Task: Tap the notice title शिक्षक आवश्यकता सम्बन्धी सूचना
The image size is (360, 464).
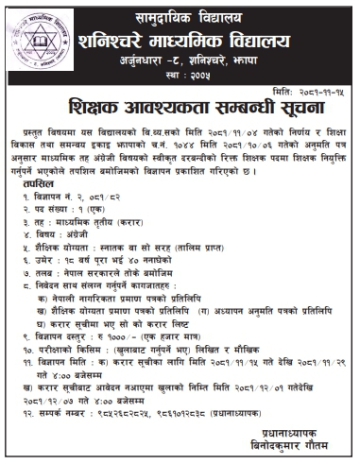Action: pyautogui.click(x=184, y=104)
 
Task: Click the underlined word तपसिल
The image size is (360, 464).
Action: pyautogui.click(x=31, y=187)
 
